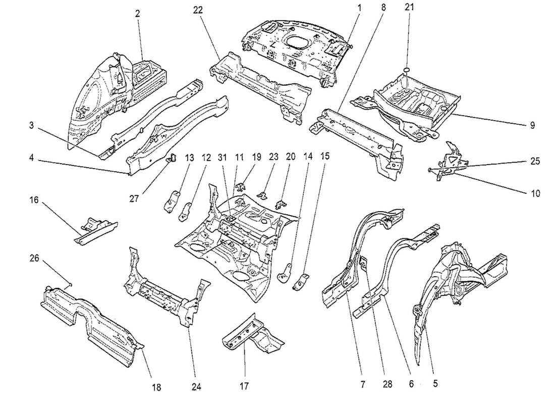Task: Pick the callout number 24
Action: click(x=196, y=387)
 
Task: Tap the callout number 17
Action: click(x=245, y=387)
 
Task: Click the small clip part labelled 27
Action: click(x=171, y=158)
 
